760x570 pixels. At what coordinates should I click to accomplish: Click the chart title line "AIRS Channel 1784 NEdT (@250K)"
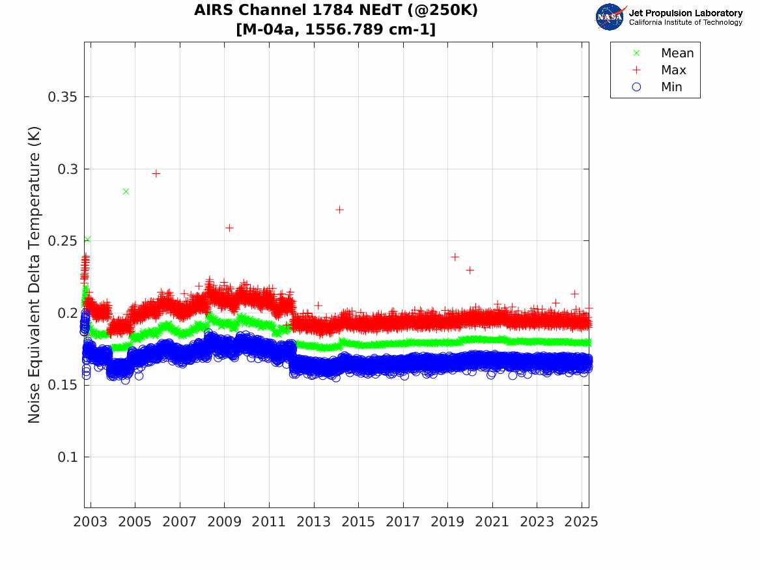336,11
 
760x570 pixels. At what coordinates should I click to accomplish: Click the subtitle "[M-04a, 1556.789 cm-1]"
336,29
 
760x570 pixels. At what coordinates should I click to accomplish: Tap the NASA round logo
610,17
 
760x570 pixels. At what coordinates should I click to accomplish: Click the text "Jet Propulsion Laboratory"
686,13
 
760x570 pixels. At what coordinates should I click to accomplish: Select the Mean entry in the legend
677,53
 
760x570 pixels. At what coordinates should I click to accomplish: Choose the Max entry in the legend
673,70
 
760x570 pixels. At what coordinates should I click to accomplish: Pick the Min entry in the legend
671,87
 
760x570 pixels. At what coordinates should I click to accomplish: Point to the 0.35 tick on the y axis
64,97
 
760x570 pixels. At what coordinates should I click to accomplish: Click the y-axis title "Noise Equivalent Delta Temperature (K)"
35,274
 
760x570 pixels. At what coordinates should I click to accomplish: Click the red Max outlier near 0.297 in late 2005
156,173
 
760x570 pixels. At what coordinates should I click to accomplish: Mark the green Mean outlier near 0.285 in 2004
126,192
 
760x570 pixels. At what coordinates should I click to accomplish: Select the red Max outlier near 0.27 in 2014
339,209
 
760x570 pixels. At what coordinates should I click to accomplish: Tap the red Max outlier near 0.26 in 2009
229,227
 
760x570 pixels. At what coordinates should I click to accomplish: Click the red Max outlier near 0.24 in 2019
455,257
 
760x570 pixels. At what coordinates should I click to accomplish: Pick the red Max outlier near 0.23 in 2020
470,270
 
